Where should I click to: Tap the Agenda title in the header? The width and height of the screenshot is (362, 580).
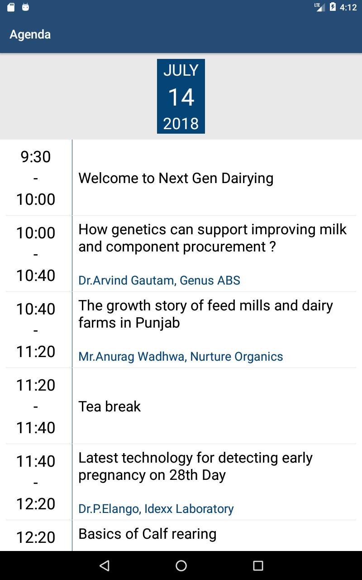pos(30,35)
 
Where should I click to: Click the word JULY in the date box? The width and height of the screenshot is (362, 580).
pos(181,70)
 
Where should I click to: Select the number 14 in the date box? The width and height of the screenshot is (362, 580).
pos(181,97)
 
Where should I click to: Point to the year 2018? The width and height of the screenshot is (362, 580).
pos(181,124)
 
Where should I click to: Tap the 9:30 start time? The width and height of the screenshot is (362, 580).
pos(36,157)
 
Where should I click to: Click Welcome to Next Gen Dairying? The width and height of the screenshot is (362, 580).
pos(176,179)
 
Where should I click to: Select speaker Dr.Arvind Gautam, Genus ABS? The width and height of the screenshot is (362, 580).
pos(159,280)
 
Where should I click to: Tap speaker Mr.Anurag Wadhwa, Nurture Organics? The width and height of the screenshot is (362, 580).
pos(181,357)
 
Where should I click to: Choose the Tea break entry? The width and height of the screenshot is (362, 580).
pos(110,406)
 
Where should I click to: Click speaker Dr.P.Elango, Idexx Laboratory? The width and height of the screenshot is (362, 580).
pos(156,509)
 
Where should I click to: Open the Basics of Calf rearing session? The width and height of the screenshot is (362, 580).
pos(148,534)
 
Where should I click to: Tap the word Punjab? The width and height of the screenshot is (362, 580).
pos(157,323)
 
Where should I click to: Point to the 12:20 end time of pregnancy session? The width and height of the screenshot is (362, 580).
pos(36,503)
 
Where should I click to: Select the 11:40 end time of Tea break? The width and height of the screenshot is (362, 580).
pos(36,427)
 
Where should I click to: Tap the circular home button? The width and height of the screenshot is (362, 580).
pos(181,565)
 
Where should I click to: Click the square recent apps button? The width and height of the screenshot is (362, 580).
pos(258,566)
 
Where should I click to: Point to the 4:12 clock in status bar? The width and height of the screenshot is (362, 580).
pos(348,8)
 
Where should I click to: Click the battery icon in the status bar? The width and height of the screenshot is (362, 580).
pos(333,7)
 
